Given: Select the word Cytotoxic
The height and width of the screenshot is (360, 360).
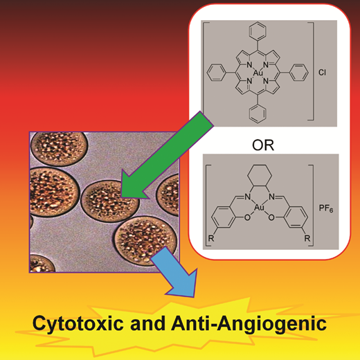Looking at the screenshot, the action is [x=78, y=323].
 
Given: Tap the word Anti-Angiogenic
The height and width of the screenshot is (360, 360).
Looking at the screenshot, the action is [x=249, y=323].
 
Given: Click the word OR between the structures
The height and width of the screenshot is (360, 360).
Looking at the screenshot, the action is [x=263, y=145].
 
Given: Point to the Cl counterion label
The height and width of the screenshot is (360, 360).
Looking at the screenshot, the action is [x=322, y=73].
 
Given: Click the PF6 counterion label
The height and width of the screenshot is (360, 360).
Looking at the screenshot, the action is [x=326, y=208].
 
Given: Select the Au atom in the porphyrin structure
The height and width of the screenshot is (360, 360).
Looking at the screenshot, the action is [x=258, y=73].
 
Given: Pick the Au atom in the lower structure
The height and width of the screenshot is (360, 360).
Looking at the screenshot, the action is [x=259, y=208].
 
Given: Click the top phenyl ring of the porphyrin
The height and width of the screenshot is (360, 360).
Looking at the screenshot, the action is [x=258, y=30].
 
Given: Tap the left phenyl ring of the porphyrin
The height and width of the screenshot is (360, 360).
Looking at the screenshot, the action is [x=216, y=73].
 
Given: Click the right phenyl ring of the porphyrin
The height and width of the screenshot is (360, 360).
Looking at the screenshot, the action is [x=299, y=73].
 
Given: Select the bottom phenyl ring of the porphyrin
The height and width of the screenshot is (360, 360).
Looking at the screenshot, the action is [x=258, y=114].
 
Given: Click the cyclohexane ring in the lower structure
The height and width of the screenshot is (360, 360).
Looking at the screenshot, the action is [x=259, y=176].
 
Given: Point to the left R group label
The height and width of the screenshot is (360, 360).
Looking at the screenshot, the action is [x=211, y=238].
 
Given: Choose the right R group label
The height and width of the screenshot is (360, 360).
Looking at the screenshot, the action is [x=307, y=238].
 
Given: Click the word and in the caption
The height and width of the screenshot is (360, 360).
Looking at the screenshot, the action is [x=147, y=323].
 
